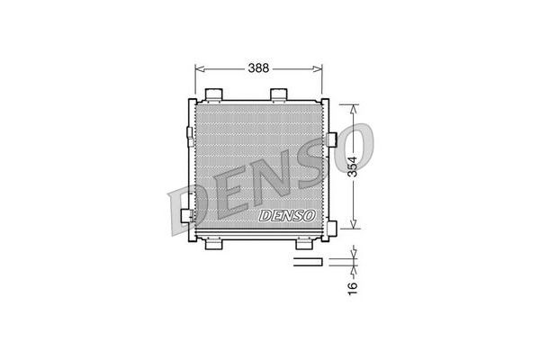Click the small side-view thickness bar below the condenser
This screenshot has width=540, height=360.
[x=307, y=263]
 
